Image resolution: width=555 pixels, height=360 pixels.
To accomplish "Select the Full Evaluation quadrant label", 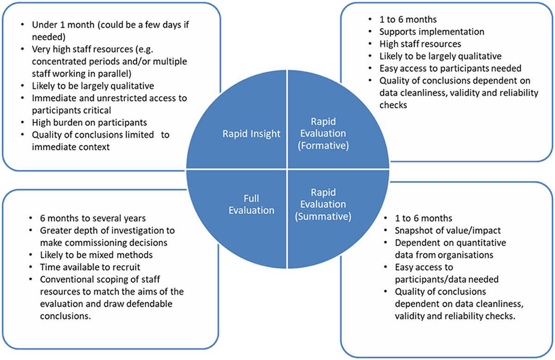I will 252,204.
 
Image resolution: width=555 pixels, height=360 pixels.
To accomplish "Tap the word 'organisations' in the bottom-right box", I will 469,254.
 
